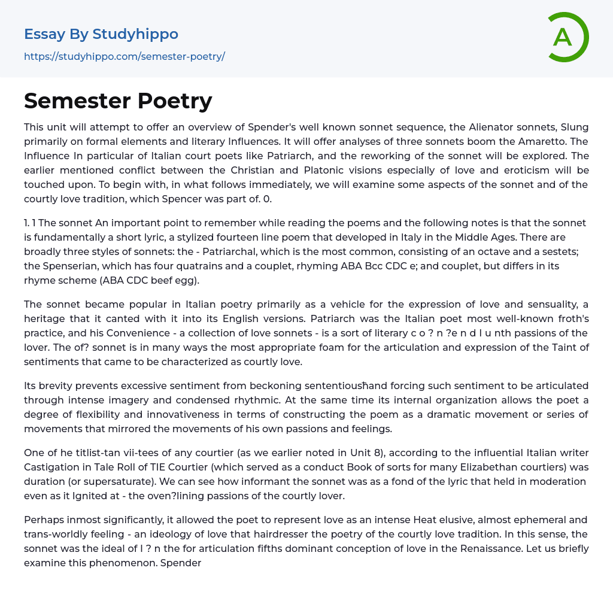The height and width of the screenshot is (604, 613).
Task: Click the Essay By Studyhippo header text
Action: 101,34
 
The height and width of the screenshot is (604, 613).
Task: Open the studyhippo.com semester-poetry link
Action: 125,57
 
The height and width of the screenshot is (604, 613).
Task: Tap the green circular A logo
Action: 566,37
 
